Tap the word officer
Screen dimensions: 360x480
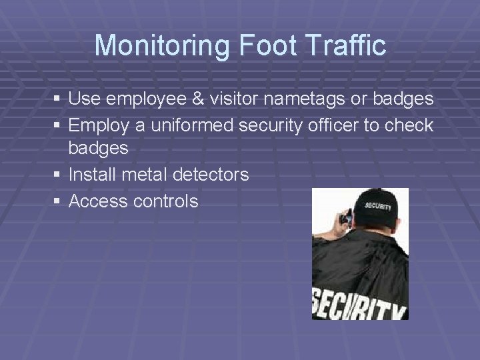pyautogui.click(x=353, y=125)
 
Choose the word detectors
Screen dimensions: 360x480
pyautogui.click(x=211, y=175)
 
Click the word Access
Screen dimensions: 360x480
pyautogui.click(x=98, y=201)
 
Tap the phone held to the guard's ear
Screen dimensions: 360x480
pyautogui.click(x=345, y=216)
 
